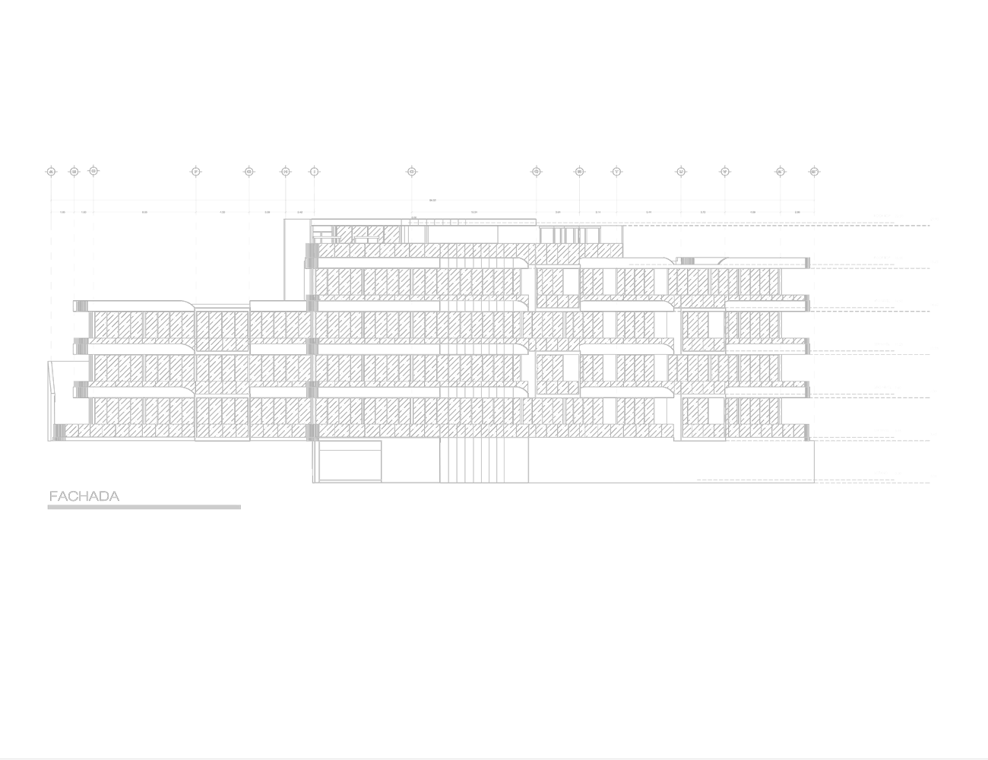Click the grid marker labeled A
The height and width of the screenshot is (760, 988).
(50, 171)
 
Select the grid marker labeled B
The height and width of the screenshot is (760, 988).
(74, 171)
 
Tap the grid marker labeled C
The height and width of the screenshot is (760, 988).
(93, 171)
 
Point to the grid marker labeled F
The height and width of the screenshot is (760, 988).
(195, 171)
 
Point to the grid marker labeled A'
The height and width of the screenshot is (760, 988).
(781, 171)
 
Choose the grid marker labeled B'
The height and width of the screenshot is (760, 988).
(814, 171)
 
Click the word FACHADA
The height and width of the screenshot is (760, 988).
(84, 496)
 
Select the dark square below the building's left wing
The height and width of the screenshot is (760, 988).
(222, 457)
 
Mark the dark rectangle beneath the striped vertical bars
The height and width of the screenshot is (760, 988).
(484, 499)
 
